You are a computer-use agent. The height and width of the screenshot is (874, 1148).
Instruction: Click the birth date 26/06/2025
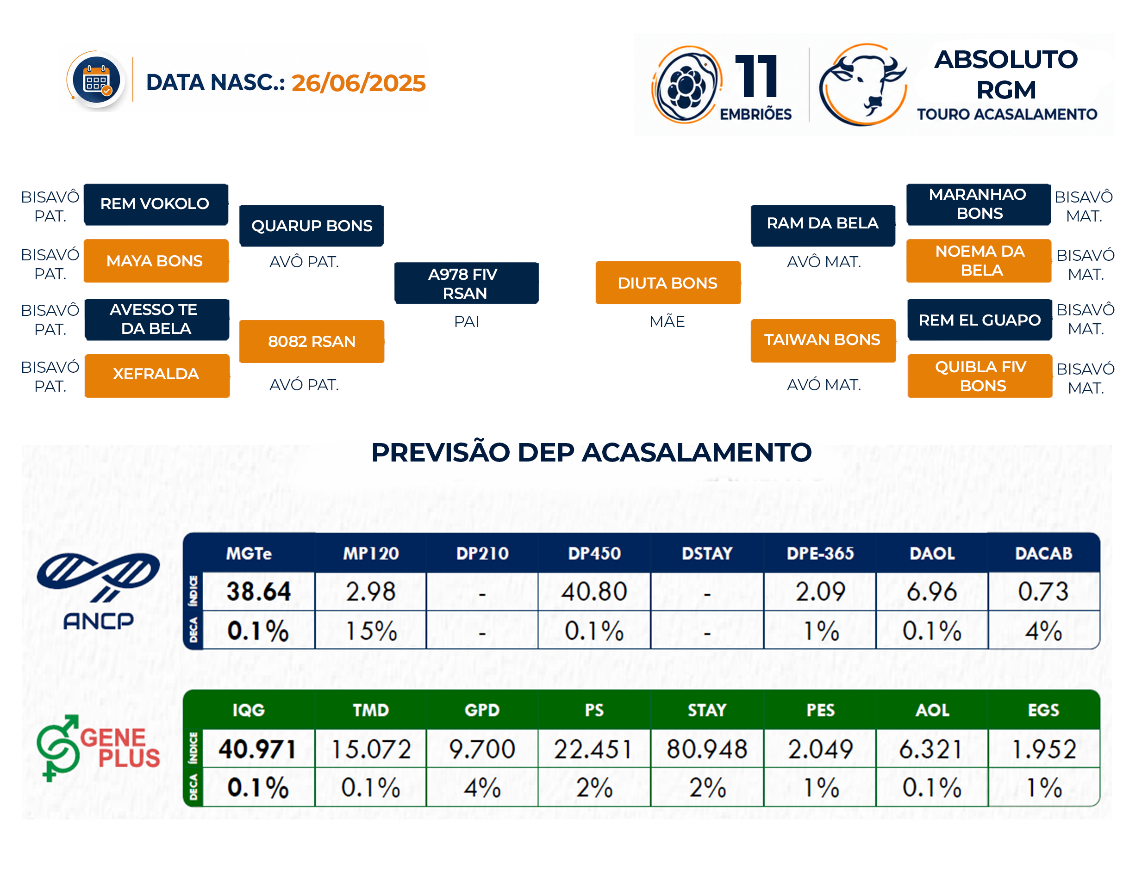point(358,83)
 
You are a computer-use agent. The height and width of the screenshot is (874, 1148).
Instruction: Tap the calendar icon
point(96,80)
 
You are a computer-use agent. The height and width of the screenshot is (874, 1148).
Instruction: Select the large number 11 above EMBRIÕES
point(756,76)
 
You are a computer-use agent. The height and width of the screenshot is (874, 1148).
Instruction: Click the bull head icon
point(863,84)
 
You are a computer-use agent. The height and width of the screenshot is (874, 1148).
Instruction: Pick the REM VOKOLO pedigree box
point(156,204)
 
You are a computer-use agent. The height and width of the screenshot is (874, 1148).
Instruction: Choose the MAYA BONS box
point(156,261)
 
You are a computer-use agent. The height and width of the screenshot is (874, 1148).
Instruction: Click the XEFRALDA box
point(157,375)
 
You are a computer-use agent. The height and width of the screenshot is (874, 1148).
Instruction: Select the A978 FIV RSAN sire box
point(466,283)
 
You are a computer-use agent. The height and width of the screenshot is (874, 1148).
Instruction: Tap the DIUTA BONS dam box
point(668,283)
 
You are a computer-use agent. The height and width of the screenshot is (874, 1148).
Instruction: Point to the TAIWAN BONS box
point(823,340)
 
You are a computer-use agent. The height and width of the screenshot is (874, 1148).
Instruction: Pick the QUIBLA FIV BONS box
point(980,375)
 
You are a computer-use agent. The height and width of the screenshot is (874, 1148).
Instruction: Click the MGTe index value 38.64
point(258,591)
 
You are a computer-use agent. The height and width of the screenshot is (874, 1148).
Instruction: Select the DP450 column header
point(594,553)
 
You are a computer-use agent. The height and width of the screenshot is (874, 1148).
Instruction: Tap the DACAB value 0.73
point(1043,591)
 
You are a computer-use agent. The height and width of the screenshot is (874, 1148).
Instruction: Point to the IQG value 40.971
point(257,749)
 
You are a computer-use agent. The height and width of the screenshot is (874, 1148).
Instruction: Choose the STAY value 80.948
point(706,749)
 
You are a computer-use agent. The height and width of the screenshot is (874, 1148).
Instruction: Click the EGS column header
point(1043,710)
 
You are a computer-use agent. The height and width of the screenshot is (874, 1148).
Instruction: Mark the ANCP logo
point(99,591)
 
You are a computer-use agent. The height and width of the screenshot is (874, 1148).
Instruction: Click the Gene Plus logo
point(99,748)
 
